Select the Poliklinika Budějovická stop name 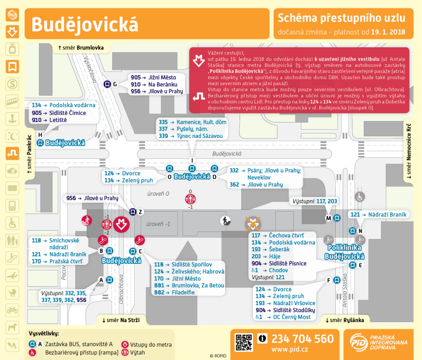[x=344, y=252]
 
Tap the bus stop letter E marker [x=353, y=265]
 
